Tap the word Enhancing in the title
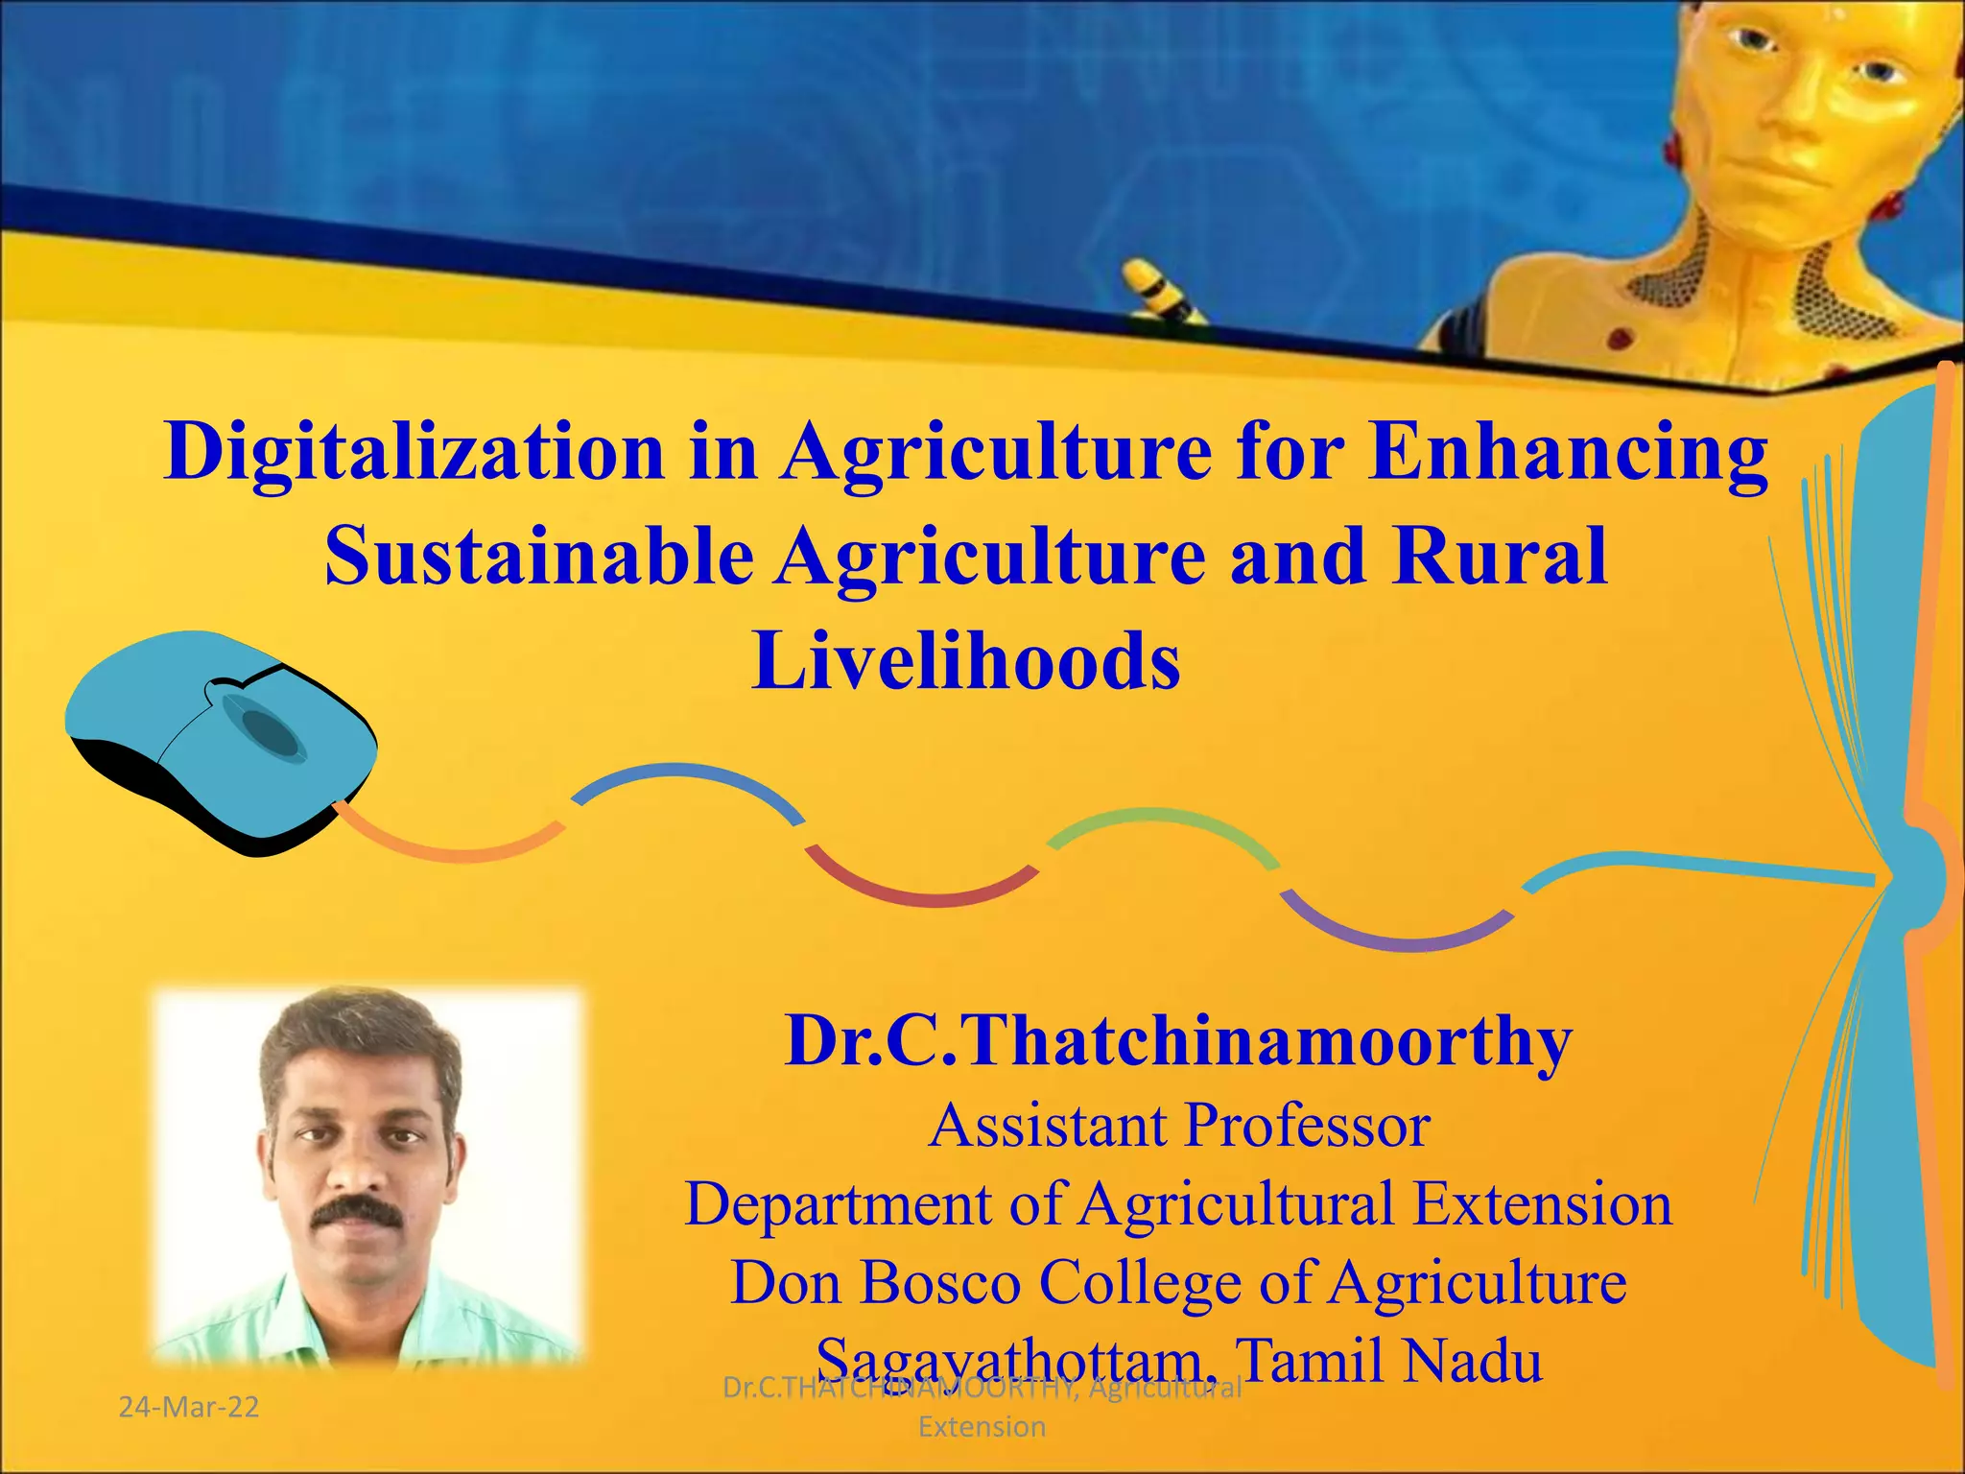point(1568,451)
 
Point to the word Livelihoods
point(965,661)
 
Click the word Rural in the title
point(1501,557)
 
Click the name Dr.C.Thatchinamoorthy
point(1178,1041)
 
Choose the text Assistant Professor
point(1179,1125)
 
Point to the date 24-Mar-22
point(189,1407)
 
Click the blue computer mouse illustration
point(221,739)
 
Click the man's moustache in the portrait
point(357,1210)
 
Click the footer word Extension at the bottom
point(982,1427)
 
